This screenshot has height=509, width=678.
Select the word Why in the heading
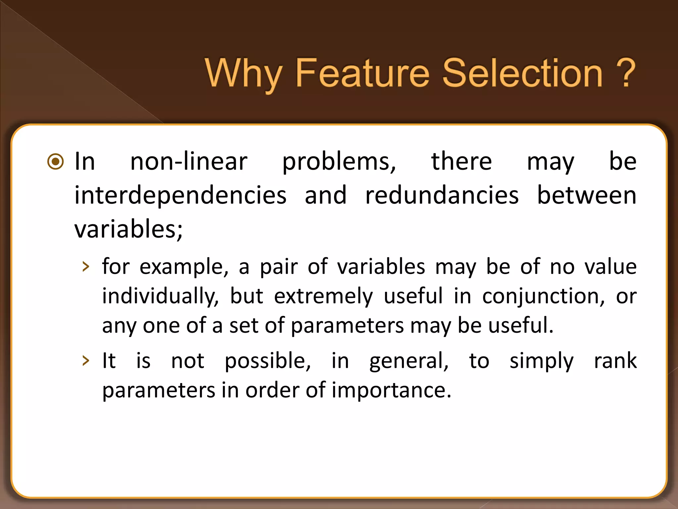coord(243,74)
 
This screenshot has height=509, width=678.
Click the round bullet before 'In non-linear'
coord(55,162)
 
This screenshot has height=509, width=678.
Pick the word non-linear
coord(189,162)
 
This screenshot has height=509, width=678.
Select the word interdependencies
coord(180,196)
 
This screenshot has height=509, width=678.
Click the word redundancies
coord(442,196)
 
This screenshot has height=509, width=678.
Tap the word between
coord(587,196)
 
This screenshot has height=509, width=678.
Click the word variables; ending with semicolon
coord(128,229)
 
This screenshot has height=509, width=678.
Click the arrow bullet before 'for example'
coord(86,267)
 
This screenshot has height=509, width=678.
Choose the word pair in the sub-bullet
coord(279,267)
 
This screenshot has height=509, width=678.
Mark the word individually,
coord(161,296)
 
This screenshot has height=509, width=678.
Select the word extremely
coord(323,296)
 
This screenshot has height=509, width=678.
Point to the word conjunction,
coord(543,296)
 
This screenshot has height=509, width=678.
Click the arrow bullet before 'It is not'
coord(86,361)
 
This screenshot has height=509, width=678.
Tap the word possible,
coord(267,361)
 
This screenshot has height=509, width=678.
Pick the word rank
coord(615,361)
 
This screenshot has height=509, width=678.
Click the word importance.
coord(391,390)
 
